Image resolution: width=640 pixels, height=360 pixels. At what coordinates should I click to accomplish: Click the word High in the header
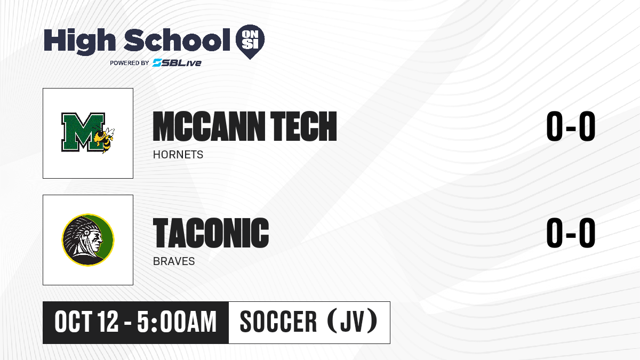click(x=79, y=41)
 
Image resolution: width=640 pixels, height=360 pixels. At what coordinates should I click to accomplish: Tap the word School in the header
click(x=177, y=39)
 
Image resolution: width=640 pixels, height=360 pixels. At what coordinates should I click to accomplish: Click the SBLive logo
click(x=177, y=63)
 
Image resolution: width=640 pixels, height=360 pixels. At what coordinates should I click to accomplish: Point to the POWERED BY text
click(x=130, y=63)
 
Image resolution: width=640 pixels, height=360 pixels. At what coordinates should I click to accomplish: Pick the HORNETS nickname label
click(x=178, y=155)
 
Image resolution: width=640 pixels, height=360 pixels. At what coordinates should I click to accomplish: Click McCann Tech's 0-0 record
click(x=571, y=126)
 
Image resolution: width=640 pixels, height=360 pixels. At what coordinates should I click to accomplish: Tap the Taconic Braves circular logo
click(x=88, y=240)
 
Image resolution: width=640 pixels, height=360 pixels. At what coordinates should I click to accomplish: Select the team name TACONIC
click(x=211, y=233)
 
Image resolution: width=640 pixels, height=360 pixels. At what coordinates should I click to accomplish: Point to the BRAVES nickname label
click(x=174, y=261)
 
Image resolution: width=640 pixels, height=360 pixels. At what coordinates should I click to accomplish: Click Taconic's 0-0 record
click(x=571, y=233)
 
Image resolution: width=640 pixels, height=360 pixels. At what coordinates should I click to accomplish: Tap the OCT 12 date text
click(x=86, y=322)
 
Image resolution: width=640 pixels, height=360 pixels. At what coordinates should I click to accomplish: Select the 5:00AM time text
click(x=177, y=322)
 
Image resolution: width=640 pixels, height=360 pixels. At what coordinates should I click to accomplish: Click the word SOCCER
click(x=278, y=322)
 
